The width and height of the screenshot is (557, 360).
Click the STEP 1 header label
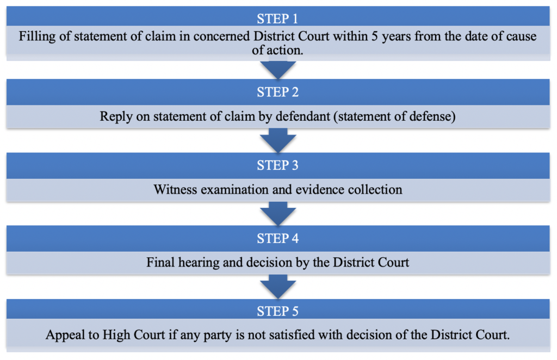277,18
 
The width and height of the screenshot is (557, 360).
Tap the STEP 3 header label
277,165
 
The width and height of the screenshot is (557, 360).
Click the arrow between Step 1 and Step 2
278,70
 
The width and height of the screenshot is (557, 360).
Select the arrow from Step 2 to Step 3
278,142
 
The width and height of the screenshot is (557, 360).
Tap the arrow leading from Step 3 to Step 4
278,215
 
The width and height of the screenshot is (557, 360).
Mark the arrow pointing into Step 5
278,289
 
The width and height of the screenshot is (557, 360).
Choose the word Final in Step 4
160,263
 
